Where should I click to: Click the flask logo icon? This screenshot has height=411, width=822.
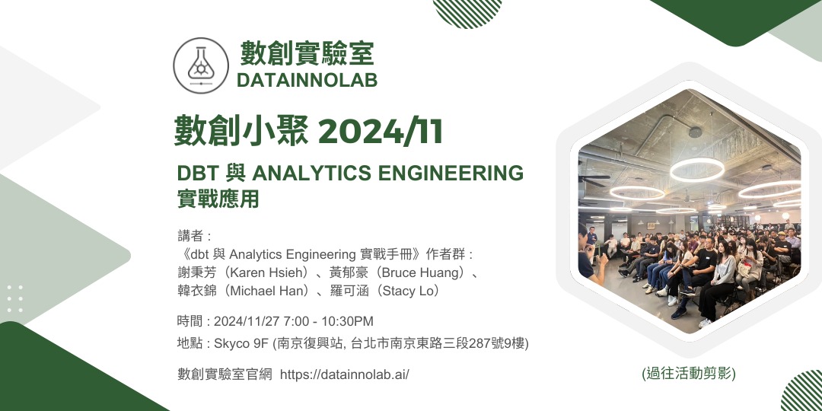(x=201, y=65)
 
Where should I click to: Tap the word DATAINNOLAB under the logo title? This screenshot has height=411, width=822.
(x=307, y=80)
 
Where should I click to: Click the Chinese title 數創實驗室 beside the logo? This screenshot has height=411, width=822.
(x=307, y=53)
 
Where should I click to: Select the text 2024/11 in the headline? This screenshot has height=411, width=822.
(x=381, y=132)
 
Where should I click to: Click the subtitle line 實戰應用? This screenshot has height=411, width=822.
(x=218, y=199)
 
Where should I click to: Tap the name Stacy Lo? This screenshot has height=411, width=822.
(x=410, y=291)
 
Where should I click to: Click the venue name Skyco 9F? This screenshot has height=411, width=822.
(x=241, y=344)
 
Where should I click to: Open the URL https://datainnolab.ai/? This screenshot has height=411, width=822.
(x=345, y=374)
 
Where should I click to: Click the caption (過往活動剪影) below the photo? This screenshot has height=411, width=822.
(x=689, y=373)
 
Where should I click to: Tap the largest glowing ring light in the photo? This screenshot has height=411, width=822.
(x=697, y=169)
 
